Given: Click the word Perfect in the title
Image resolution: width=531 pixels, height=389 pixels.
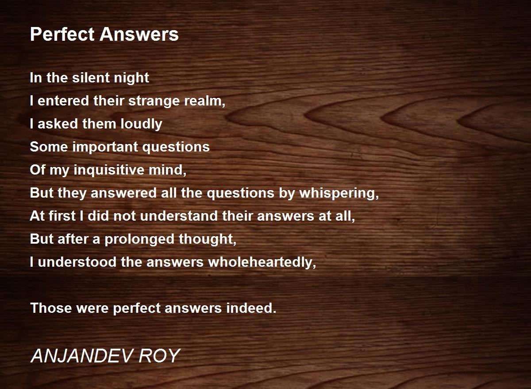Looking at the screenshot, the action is pos(62,35).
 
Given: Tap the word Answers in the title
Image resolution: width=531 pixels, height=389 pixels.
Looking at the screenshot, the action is pos(139,35).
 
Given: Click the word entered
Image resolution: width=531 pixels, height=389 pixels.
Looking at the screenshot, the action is pos(63,101).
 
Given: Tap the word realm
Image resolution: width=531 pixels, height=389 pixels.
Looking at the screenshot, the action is pos(204,101).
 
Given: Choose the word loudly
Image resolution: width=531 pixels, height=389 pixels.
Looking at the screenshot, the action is pos(141,124).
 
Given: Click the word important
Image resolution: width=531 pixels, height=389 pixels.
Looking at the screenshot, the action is pos(105,148).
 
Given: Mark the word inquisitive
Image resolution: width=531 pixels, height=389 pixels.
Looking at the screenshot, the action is pos(109,171).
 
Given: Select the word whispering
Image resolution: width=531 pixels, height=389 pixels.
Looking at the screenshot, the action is pos(339,194).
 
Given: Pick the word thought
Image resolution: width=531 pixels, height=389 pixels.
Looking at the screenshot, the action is pos(208,240).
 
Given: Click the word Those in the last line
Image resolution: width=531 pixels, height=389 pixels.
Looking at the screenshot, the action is pos(51,308).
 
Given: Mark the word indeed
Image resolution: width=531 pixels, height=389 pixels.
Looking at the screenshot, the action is pos(251,308).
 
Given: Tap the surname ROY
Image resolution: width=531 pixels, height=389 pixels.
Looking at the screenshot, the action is pos(159,356).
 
